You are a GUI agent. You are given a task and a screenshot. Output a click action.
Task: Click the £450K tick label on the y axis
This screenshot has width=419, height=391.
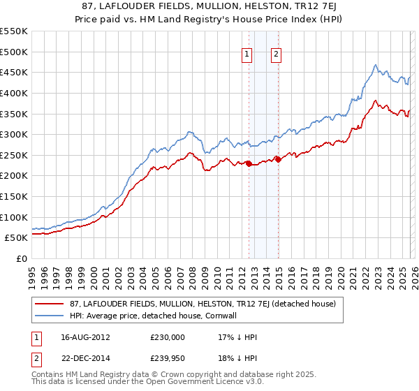14,72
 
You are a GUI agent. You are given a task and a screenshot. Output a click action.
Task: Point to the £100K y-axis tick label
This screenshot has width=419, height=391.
14,217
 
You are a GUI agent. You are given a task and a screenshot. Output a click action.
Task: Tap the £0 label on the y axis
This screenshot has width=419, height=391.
22,258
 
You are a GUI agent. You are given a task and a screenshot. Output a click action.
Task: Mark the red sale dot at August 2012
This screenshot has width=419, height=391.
249,164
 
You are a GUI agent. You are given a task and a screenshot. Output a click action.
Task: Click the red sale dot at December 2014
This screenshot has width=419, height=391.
277,159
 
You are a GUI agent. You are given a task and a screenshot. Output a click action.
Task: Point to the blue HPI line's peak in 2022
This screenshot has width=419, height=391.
375,66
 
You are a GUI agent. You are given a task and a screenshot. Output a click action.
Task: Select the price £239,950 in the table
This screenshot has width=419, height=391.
167,360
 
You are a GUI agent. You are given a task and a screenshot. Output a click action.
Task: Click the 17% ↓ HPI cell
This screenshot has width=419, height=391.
238,337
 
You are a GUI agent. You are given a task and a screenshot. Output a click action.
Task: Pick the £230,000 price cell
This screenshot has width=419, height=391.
167,337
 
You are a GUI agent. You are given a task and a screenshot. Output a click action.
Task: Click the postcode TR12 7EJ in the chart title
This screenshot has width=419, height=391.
290,8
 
